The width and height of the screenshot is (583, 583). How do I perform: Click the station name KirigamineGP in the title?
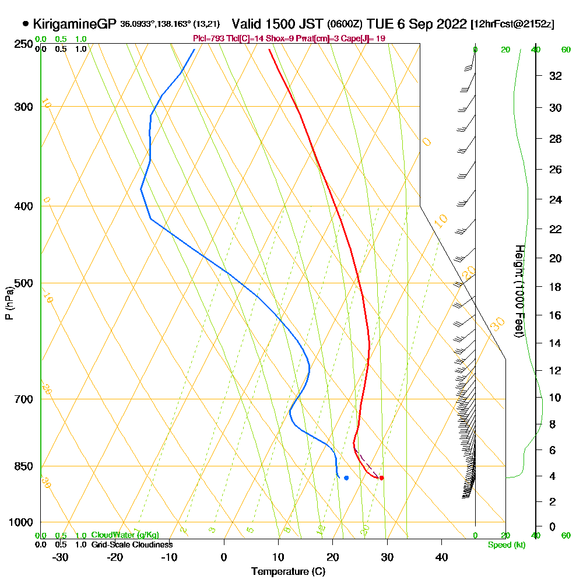[x=75, y=24]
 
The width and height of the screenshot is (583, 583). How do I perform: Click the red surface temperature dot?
[x=381, y=478]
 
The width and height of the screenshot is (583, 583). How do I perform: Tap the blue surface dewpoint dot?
[x=346, y=478]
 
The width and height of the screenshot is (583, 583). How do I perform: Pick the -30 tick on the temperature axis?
[x=61, y=557]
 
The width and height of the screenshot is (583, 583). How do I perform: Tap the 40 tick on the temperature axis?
[x=441, y=557]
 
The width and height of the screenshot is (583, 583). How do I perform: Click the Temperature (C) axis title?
[x=288, y=572]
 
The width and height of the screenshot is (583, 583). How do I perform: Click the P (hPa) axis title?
[x=9, y=303]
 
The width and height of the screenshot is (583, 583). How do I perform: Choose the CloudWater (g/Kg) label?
[x=125, y=535]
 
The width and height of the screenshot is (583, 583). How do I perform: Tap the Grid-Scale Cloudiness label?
[x=132, y=545]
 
